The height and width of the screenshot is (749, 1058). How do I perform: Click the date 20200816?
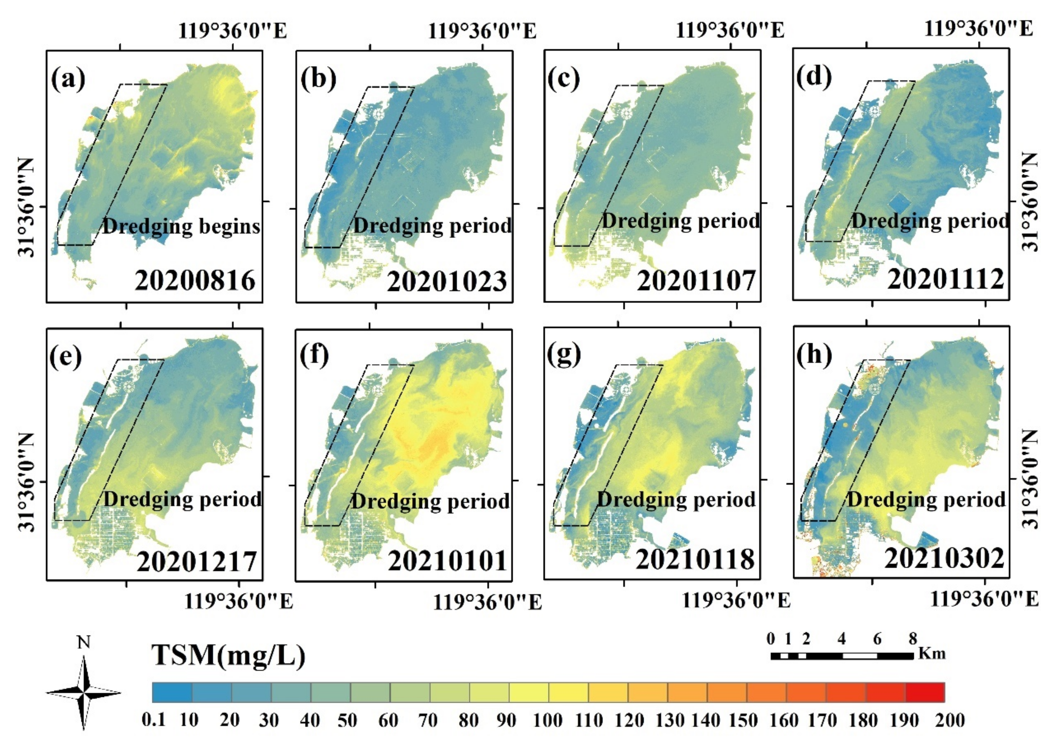click(x=195, y=280)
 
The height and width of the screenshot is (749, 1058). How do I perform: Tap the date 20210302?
click(x=944, y=558)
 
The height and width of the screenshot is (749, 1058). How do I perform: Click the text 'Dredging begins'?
click(x=181, y=226)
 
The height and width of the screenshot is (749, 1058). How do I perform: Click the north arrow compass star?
click(x=84, y=692)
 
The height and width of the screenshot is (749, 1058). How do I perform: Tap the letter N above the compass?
click(x=84, y=642)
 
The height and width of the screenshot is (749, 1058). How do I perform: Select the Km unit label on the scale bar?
click(x=932, y=654)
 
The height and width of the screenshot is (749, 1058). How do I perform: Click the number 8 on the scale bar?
click(x=913, y=639)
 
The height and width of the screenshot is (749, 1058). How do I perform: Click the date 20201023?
click(x=447, y=281)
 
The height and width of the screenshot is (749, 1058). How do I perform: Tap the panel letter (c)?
click(x=564, y=79)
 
